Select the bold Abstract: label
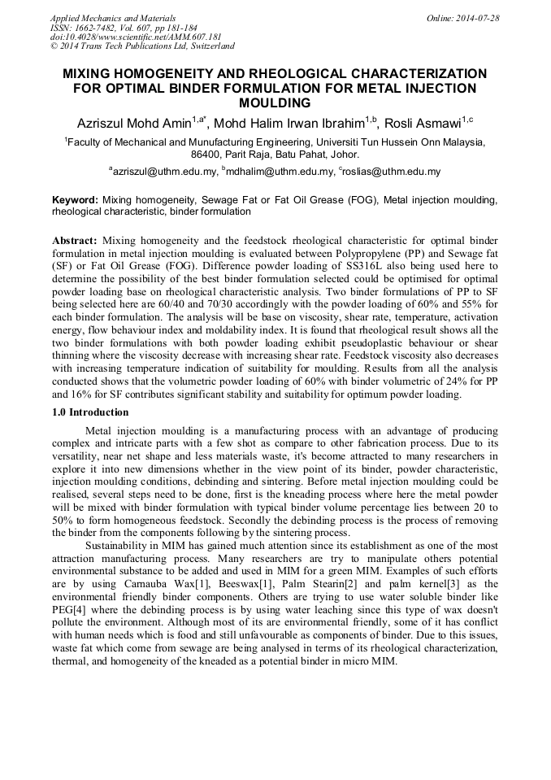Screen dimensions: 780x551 (75, 242)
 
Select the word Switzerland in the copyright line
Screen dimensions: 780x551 (209, 46)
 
